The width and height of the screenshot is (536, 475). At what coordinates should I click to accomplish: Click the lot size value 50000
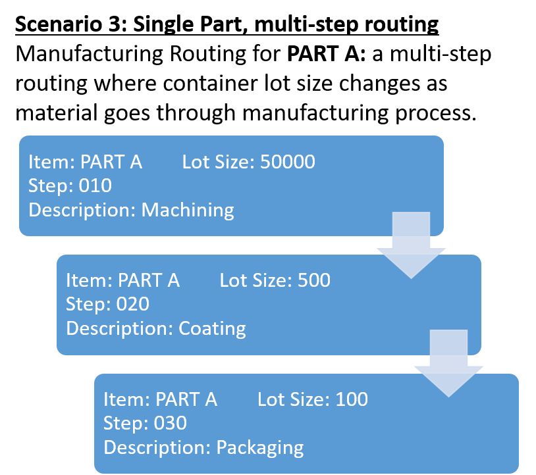coord(288,162)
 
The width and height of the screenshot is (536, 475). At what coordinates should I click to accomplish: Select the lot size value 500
coord(313,280)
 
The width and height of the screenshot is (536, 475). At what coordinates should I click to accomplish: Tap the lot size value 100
coord(351,399)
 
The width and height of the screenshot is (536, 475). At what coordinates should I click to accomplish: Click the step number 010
coord(95,186)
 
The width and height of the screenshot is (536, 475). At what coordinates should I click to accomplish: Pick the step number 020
coord(132,305)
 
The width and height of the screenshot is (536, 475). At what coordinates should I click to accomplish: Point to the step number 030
coord(170,423)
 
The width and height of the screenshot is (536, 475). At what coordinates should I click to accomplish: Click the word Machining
coord(188,211)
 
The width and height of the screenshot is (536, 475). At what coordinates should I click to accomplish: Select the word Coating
coord(212,328)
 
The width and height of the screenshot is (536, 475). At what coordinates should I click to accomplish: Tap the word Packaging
coord(260,448)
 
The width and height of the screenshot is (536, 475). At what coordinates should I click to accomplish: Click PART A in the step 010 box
coord(111,162)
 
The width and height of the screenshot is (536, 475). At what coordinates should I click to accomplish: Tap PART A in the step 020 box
coord(148,280)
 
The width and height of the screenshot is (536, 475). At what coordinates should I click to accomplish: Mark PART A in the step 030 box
coord(186,399)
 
